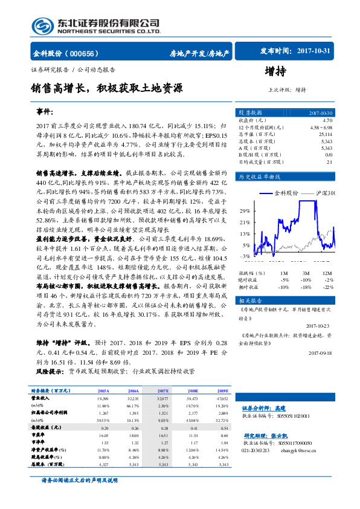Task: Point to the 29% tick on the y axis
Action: pos(246,211)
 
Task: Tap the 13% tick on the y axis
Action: pos(246,233)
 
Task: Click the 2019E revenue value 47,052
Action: pos(222,399)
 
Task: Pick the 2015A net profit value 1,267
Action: pos(103,412)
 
